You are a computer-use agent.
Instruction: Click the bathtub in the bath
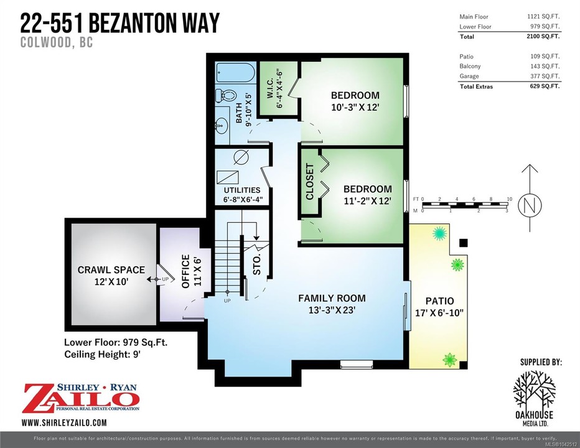pos(236,72)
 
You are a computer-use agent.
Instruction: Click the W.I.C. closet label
pos(275,88)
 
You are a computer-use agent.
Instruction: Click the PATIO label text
pos(439,301)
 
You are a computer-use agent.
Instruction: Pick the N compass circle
pos(530,205)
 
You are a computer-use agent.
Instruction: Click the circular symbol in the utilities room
pos(241,157)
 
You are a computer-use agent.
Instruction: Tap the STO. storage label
pos(257,264)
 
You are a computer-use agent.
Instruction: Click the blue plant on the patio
pos(440,234)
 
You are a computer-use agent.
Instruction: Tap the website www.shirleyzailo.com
pos(64,422)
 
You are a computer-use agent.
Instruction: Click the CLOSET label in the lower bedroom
pos(310,181)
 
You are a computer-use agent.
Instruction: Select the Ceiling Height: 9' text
pos(103,355)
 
